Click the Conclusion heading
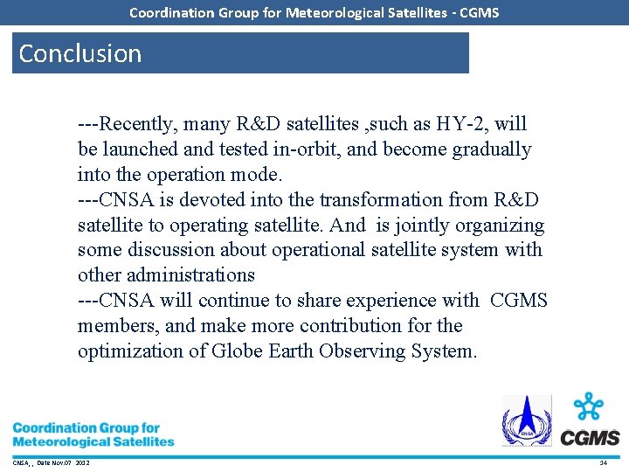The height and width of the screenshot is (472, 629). (x=80, y=53)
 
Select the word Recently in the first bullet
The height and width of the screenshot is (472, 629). (x=138, y=124)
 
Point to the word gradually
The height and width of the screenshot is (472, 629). (x=491, y=149)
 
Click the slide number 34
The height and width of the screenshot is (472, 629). (x=603, y=462)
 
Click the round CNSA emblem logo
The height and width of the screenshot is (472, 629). (x=526, y=420)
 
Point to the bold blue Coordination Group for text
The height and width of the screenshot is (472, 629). (x=86, y=428)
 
